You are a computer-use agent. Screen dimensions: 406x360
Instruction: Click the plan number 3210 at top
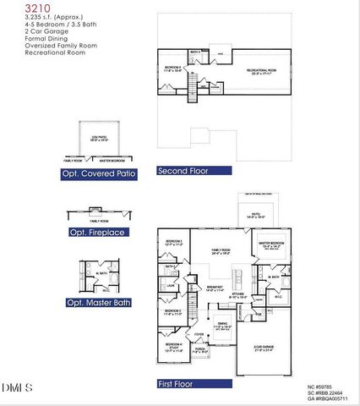click(x=14, y=7)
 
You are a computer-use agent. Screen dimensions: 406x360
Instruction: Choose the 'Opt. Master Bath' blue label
click(x=97, y=302)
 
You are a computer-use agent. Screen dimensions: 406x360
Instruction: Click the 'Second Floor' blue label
click(x=194, y=170)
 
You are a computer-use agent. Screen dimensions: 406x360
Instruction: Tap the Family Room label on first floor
click(x=220, y=251)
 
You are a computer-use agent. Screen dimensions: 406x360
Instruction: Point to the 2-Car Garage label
click(x=269, y=348)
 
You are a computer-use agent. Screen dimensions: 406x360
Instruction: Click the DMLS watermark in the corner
click(x=18, y=387)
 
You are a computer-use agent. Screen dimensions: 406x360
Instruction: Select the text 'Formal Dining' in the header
click(x=23, y=38)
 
